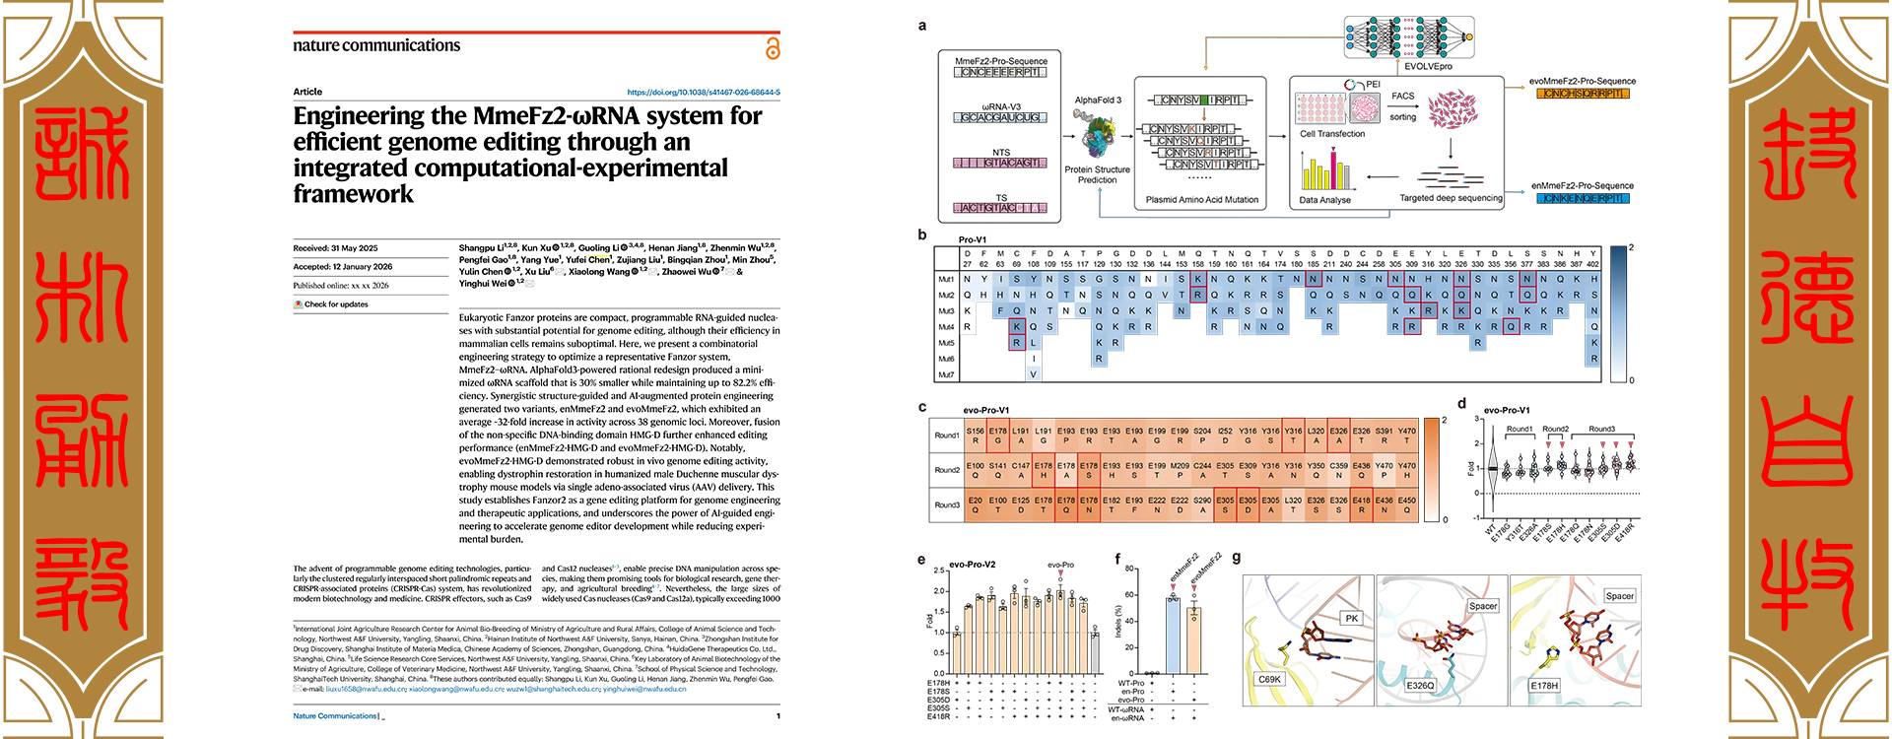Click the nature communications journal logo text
pyautogui.click(x=376, y=45)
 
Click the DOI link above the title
pyautogui.click(x=704, y=93)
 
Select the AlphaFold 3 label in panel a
pyautogui.click(x=1098, y=101)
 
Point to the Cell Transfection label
pyautogui.click(x=1332, y=134)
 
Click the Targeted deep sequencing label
pyautogui.click(x=1451, y=198)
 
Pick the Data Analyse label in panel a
pyautogui.click(x=1325, y=200)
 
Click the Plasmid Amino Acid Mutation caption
pyautogui.click(x=1202, y=200)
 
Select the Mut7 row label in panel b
pyautogui.click(x=946, y=374)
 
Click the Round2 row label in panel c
pyautogui.click(x=947, y=471)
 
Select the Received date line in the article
pyautogui.click(x=335, y=248)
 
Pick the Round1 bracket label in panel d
pyautogui.click(x=1519, y=430)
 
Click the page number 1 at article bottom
pyautogui.click(x=777, y=716)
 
